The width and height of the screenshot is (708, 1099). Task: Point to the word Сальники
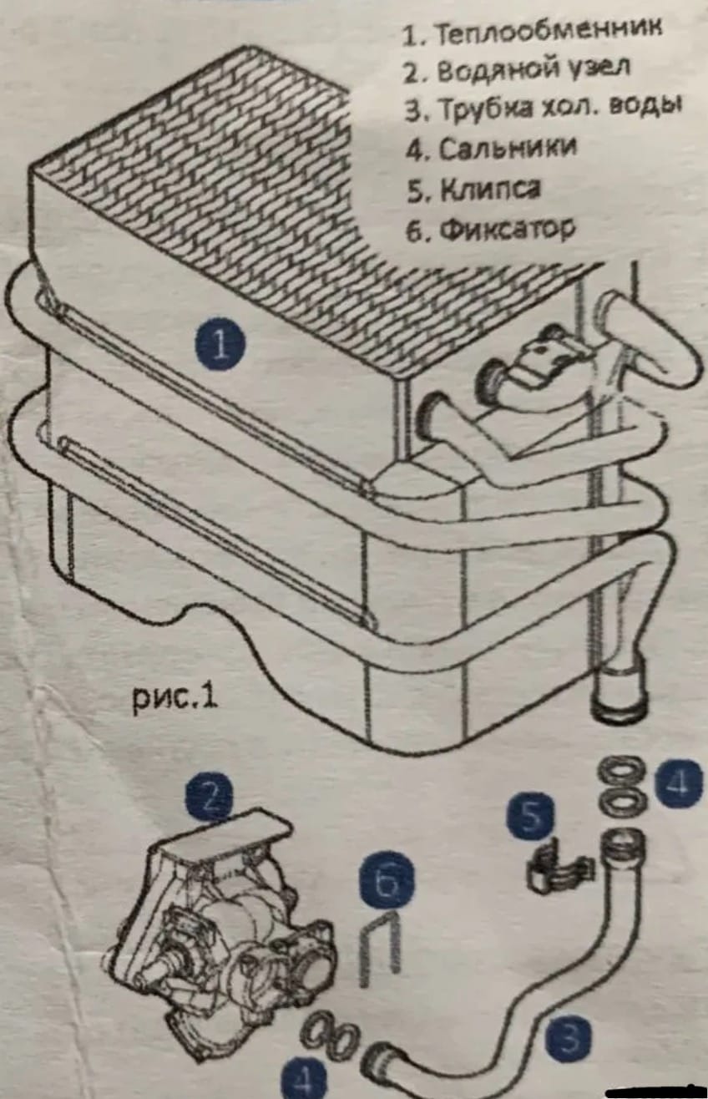(508, 148)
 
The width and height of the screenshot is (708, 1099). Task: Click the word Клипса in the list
(491, 189)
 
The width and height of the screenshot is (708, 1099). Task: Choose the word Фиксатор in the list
(507, 228)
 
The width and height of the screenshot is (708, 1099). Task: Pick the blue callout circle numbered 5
(530, 817)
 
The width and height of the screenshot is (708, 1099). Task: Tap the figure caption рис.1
(175, 697)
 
